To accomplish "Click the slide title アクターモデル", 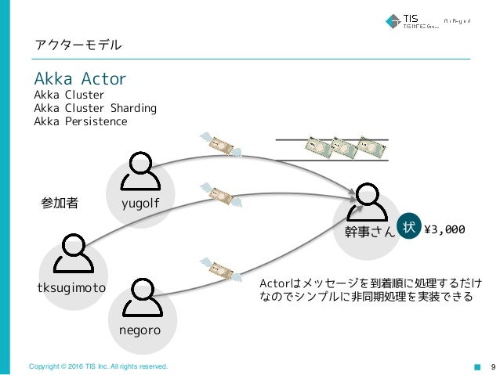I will click(78, 45).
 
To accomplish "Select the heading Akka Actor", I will click(80, 80).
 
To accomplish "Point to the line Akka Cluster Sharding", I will click(95, 108).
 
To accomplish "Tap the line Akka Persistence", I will click(80, 121).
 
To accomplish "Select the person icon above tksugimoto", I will click(72, 251).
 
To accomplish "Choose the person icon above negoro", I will click(141, 293).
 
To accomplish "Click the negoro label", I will click(140, 330).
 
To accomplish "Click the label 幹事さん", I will click(370, 232).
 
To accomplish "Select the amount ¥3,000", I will click(444, 229).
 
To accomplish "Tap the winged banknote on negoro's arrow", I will click(219, 269).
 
